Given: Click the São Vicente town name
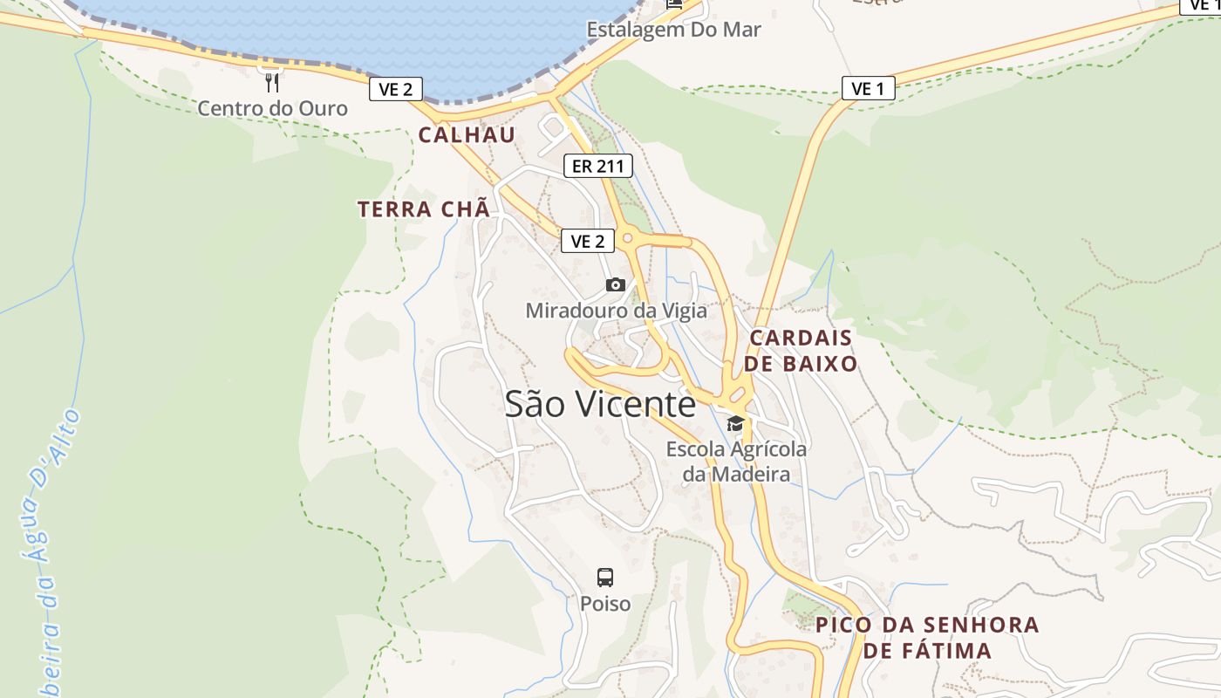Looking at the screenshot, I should [x=600, y=404].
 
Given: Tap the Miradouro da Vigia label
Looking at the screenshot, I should [x=616, y=311].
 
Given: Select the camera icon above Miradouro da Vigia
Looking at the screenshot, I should [x=616, y=284].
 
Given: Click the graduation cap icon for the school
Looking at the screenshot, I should [x=735, y=424].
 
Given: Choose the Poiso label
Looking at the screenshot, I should [x=605, y=604].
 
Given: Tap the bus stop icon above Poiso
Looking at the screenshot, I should [x=605, y=577].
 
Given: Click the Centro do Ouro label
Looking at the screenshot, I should [x=272, y=109].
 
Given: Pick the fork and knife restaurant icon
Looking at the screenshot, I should [x=272, y=83].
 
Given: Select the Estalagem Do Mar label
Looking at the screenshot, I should [x=673, y=30].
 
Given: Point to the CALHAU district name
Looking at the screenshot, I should [x=467, y=135].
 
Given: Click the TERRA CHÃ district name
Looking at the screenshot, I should [x=424, y=209].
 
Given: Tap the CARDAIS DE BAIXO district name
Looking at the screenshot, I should [x=801, y=351].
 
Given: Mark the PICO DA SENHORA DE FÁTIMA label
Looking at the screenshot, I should [x=927, y=638].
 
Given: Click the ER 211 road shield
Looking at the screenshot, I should [x=597, y=166].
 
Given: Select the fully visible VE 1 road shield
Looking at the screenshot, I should [x=868, y=88].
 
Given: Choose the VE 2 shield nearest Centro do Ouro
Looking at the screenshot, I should [x=396, y=88].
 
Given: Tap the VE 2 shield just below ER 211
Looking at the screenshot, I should [x=587, y=241].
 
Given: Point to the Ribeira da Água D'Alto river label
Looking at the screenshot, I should [x=50, y=550].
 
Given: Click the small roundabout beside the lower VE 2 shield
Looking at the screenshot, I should [x=627, y=237].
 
